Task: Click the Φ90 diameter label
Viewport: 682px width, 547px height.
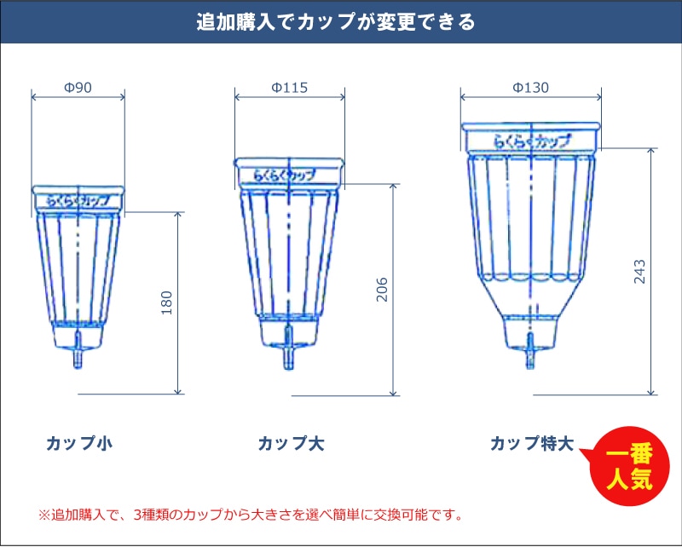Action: coord(78,88)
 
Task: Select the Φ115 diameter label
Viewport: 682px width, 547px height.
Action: coord(289,88)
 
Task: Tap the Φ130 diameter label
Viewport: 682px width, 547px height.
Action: coord(530,88)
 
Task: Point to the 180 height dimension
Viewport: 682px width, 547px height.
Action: coord(166,302)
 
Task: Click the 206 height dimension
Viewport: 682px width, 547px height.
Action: coord(381,289)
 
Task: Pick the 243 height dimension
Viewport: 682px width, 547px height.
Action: coord(639,272)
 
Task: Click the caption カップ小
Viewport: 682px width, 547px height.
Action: coord(79,444)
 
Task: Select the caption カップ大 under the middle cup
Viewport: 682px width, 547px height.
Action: coord(291,444)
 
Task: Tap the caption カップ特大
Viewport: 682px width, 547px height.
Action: coord(532,444)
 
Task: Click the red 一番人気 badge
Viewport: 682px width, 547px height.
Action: coord(629,467)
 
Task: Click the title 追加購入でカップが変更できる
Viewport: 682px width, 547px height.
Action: coord(336,22)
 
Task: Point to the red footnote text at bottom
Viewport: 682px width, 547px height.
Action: coord(250,515)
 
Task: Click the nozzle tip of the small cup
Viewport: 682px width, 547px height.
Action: coord(78,366)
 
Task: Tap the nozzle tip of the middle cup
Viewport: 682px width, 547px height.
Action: coord(288,367)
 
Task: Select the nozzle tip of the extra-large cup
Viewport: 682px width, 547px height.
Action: coord(529,366)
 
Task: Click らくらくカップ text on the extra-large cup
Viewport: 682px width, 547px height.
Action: coord(531,141)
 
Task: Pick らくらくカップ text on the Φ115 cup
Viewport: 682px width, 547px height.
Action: coord(285,176)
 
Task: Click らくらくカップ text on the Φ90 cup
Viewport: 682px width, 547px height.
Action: coord(78,201)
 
